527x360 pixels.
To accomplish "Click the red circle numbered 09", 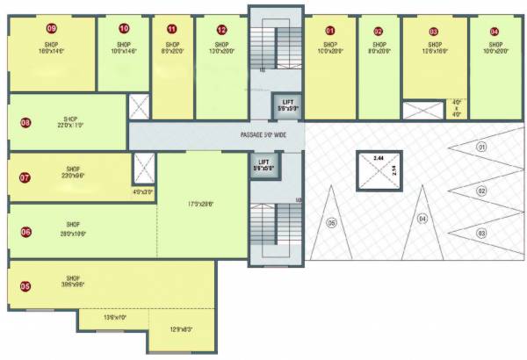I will click(x=51, y=28).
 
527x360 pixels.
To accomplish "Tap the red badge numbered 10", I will click(x=123, y=28).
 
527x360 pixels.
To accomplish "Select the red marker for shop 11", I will click(x=171, y=28).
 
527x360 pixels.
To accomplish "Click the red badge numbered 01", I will click(x=330, y=31).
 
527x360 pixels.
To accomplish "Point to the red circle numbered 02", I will click(x=379, y=31).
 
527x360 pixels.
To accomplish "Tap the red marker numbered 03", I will click(x=434, y=31).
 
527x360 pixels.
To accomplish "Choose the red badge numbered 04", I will click(x=495, y=31).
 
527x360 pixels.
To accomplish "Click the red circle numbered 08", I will click(x=25, y=123).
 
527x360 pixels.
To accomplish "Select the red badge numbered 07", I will click(x=25, y=177).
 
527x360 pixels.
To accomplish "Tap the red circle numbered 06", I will click(x=25, y=232).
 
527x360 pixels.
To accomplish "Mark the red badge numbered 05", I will click(x=25, y=285).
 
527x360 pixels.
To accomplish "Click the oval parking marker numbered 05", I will click(x=331, y=222).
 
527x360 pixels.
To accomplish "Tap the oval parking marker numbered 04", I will click(x=422, y=218).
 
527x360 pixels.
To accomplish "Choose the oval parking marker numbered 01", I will click(x=480, y=148).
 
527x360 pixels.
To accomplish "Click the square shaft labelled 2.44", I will click(x=372, y=168).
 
